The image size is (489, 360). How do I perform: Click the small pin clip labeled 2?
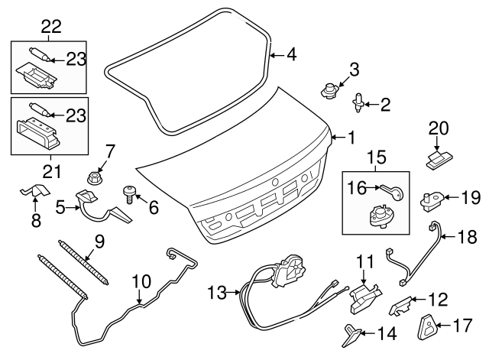(358, 100)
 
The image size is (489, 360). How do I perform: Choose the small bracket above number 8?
(32, 191)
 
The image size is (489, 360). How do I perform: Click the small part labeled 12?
(399, 306)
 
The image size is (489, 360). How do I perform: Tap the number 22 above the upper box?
(50, 26)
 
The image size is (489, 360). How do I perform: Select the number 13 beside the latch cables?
(217, 292)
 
